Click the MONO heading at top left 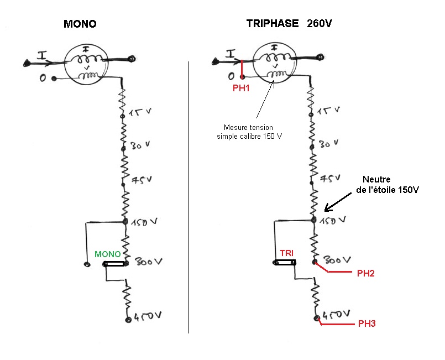click(80, 24)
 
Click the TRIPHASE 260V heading click(289, 23)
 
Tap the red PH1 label click(241, 88)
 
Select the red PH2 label click(365, 273)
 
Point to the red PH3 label click(367, 324)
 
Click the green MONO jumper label click(108, 254)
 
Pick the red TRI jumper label click(287, 253)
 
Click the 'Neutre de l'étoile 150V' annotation click(388, 185)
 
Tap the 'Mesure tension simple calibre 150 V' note click(249, 132)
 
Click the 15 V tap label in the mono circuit click(140, 112)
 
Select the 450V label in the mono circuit click(148, 316)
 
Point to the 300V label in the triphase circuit click(337, 260)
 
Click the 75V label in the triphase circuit click(330, 178)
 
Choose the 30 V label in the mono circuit click(140, 145)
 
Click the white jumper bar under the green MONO click(114, 264)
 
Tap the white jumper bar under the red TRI click(285, 263)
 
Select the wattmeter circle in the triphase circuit click(274, 62)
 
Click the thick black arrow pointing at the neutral click(338, 202)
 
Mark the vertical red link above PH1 click(242, 69)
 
